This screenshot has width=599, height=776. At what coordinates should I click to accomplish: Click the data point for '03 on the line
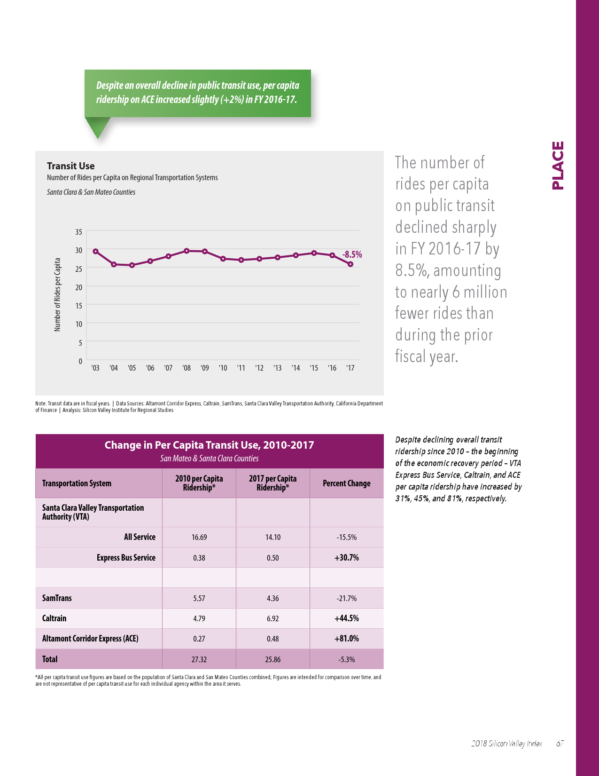coord(95,251)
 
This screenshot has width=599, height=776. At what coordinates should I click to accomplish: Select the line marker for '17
coord(350,264)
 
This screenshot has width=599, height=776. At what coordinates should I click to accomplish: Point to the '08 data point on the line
coord(187,251)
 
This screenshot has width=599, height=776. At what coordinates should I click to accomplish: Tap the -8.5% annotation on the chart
coord(352,254)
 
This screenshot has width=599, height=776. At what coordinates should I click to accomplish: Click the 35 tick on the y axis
coord(78,232)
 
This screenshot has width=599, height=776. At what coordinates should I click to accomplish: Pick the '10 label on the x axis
coord(223,368)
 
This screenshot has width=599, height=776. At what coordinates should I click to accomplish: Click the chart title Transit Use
coord(70,166)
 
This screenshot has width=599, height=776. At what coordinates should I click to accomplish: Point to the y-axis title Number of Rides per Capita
coord(57,294)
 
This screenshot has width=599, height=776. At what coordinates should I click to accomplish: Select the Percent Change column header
coord(346,483)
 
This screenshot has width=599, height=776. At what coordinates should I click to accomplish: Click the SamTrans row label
coord(57,598)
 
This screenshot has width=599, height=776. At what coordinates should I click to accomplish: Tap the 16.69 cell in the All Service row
coord(199,537)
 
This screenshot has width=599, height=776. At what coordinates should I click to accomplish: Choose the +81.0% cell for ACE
coord(346,638)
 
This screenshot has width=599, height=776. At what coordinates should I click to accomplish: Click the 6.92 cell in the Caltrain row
coord(272,618)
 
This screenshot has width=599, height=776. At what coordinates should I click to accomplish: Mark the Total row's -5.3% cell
coord(346,659)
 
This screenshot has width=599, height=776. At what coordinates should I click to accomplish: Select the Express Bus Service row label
coord(126,557)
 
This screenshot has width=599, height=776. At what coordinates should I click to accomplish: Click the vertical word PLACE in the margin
coord(558,165)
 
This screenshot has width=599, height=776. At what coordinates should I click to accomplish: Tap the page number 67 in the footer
coord(560,744)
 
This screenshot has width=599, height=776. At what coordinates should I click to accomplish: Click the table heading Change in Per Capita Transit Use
coord(209,445)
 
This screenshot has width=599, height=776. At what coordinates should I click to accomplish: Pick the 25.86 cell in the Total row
coord(272,659)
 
